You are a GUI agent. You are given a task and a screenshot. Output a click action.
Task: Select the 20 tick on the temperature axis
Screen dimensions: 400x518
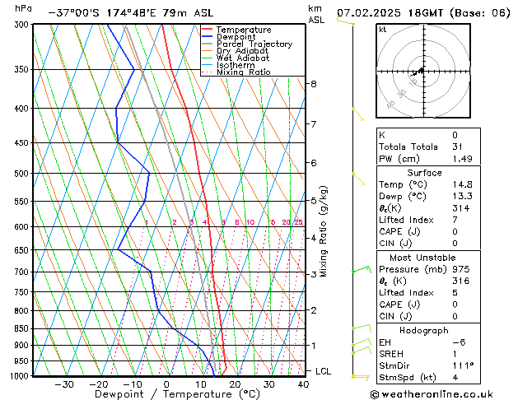point(235,384)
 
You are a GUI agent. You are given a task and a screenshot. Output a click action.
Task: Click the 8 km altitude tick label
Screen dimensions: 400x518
point(313,84)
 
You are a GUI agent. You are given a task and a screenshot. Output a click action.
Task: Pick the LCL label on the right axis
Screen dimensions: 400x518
point(324,371)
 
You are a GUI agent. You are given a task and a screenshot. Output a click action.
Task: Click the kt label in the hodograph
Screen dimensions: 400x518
point(382,30)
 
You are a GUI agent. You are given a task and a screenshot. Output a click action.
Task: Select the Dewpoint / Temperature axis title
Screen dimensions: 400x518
point(166,395)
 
